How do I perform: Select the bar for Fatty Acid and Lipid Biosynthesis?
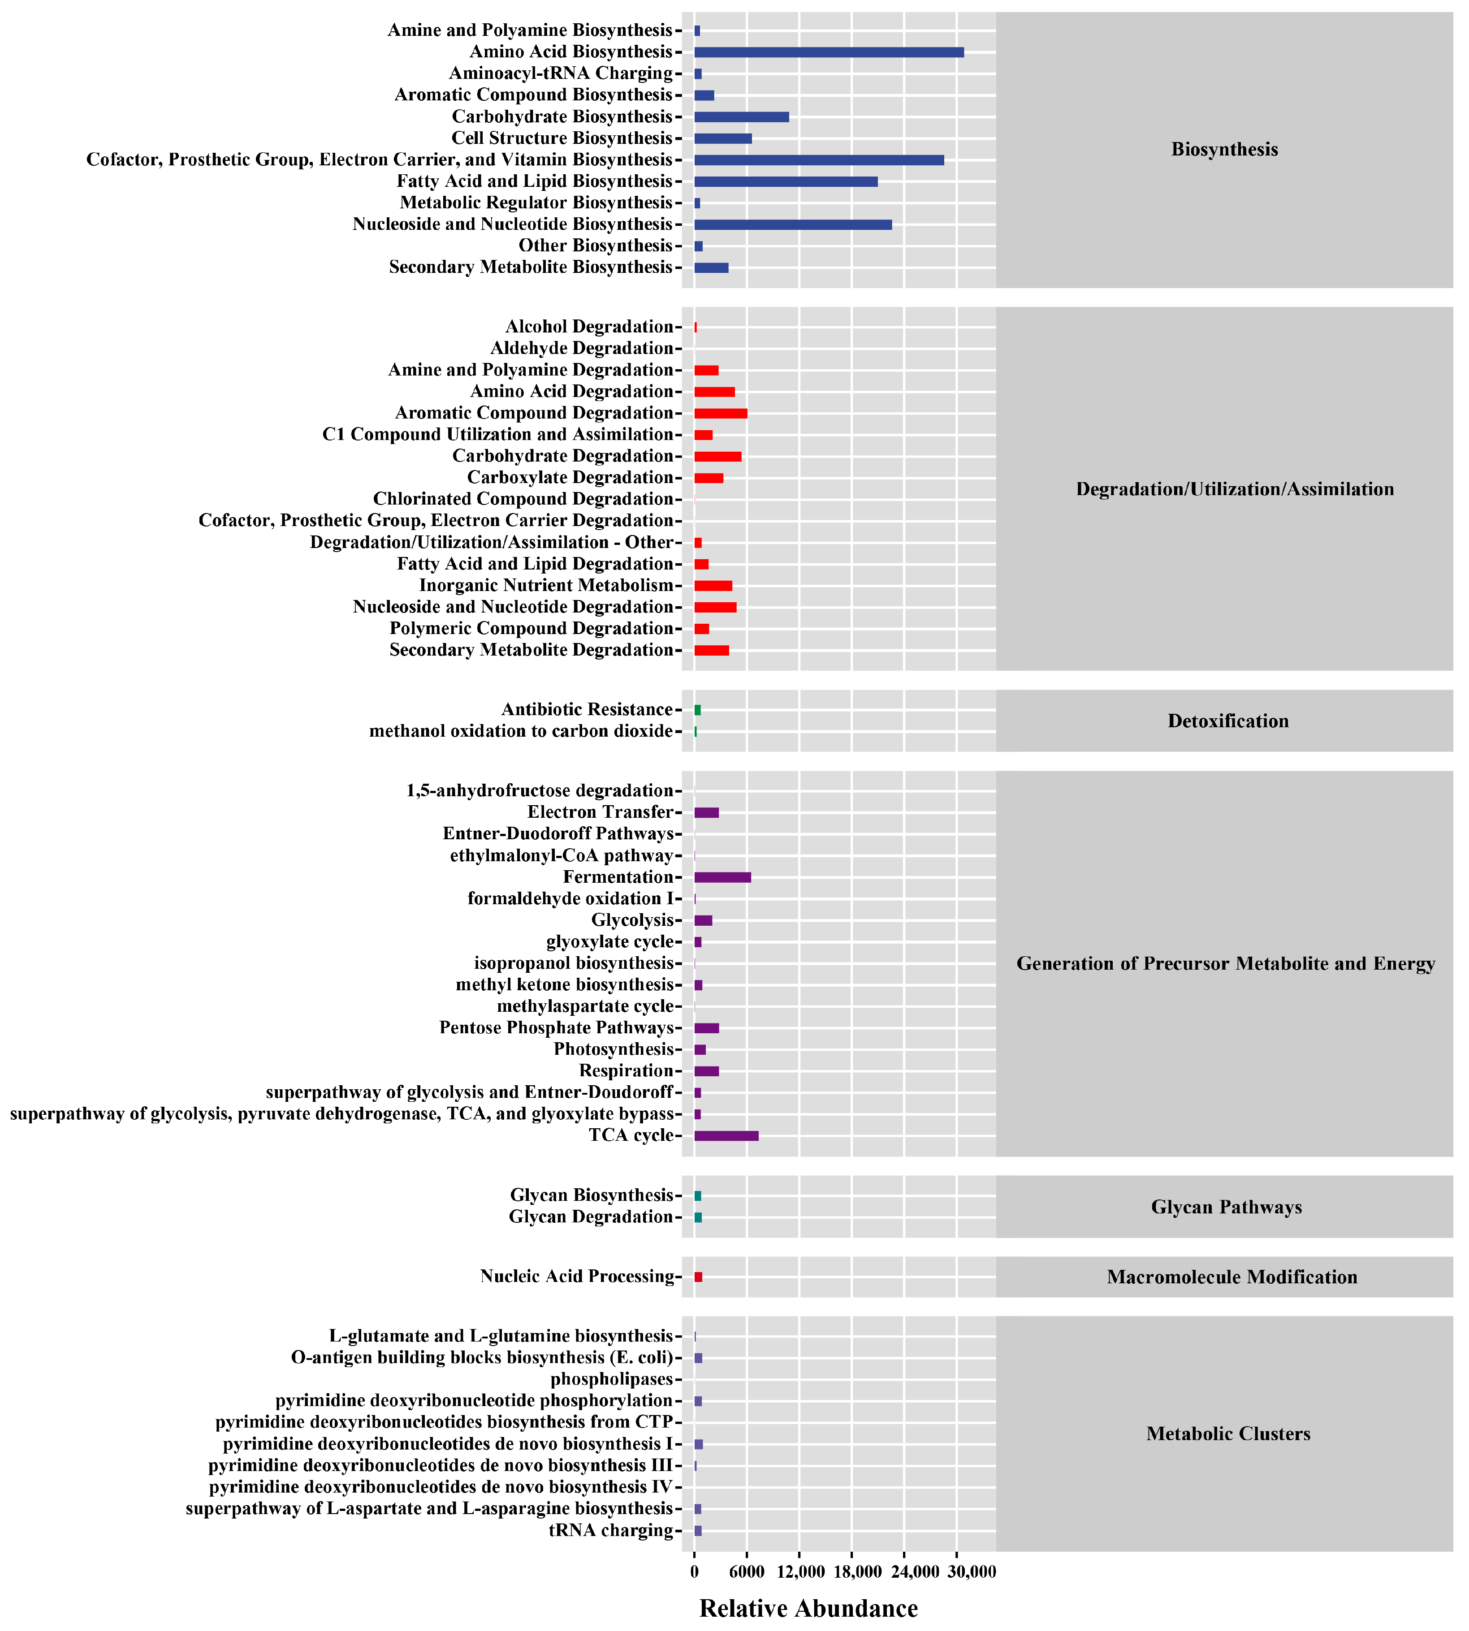(x=785, y=181)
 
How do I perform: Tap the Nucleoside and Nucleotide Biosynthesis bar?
(x=793, y=224)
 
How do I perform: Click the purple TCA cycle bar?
(x=726, y=1135)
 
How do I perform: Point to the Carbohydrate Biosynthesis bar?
(x=741, y=117)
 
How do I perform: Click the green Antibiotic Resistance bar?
(x=697, y=709)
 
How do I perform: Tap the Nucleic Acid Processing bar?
(x=698, y=1277)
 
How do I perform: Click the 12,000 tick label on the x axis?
(x=800, y=1572)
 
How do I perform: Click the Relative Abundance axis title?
(x=808, y=1609)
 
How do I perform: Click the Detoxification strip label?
(x=1227, y=721)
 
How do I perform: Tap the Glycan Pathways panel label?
(x=1226, y=1207)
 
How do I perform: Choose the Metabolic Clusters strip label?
(x=1227, y=1433)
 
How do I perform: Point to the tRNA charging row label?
(x=610, y=1530)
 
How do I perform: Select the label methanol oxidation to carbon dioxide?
(x=521, y=731)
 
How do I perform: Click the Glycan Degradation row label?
(x=590, y=1216)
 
